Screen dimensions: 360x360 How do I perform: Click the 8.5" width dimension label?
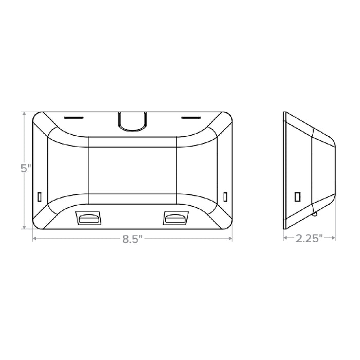[132, 239]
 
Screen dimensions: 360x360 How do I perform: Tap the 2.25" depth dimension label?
[309, 238]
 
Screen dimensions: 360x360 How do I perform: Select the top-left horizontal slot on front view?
[74, 117]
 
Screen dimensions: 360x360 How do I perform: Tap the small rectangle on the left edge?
[40, 196]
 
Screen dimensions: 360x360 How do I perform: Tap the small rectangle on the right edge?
[225, 196]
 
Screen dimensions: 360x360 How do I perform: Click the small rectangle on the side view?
[297, 196]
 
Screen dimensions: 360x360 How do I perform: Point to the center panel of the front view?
[133, 169]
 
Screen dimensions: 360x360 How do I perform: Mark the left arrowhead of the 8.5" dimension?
[34, 239]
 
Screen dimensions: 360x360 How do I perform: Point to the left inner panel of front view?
[68, 169]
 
